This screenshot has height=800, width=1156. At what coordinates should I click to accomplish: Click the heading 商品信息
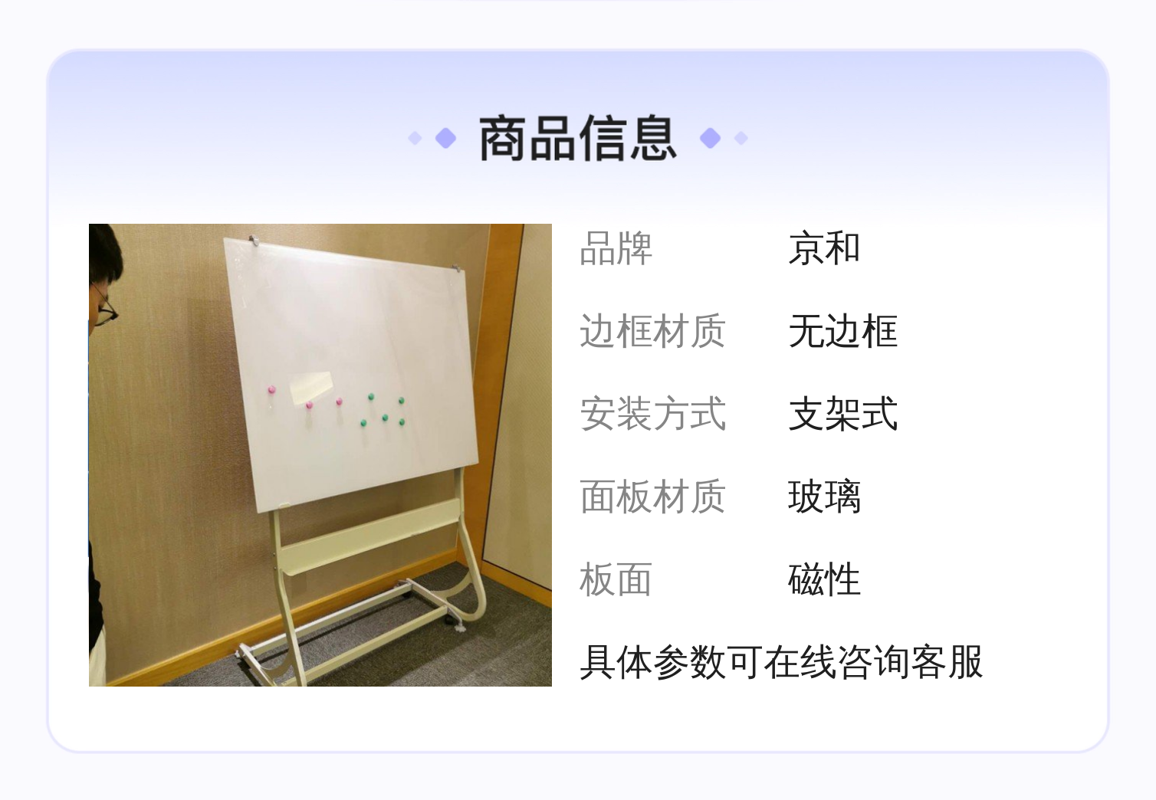pyautogui.click(x=578, y=138)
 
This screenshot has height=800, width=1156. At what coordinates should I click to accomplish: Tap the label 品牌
pyautogui.click(x=616, y=248)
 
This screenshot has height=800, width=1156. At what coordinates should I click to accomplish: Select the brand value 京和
pyautogui.click(x=824, y=248)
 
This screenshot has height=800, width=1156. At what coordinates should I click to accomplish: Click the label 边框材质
pyautogui.click(x=653, y=331)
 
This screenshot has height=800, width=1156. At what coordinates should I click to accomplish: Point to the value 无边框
pyautogui.click(x=842, y=331)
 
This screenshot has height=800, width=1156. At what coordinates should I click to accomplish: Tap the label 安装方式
pyautogui.click(x=653, y=414)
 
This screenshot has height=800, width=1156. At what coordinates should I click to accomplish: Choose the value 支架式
pyautogui.click(x=842, y=414)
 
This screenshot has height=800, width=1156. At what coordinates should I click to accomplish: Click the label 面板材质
pyautogui.click(x=653, y=497)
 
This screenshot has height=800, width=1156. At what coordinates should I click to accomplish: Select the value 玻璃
pyautogui.click(x=824, y=497)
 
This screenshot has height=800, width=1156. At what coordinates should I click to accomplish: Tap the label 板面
pyautogui.click(x=616, y=579)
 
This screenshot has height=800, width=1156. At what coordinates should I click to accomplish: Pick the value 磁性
pyautogui.click(x=824, y=579)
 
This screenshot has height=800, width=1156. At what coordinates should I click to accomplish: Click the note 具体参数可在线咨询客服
pyautogui.click(x=781, y=662)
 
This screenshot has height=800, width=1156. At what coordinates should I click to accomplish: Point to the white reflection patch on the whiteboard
pyautogui.click(x=310, y=387)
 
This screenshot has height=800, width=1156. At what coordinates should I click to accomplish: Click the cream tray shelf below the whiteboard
pyautogui.click(x=369, y=536)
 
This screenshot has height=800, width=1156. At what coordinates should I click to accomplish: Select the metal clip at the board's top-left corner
pyautogui.click(x=254, y=239)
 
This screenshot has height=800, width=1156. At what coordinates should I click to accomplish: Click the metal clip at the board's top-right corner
pyautogui.click(x=455, y=268)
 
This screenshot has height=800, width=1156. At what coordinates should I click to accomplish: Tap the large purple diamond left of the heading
pyautogui.click(x=446, y=138)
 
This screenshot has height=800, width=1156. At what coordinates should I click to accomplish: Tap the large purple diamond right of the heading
pyautogui.click(x=710, y=138)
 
